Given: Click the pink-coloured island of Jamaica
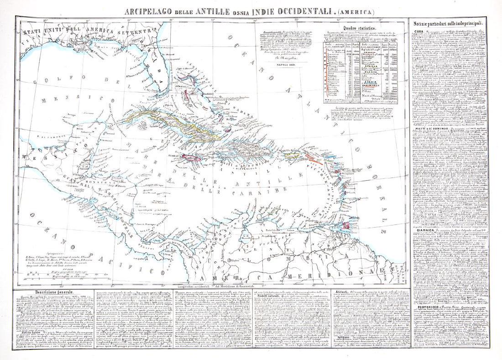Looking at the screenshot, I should (191, 158).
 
